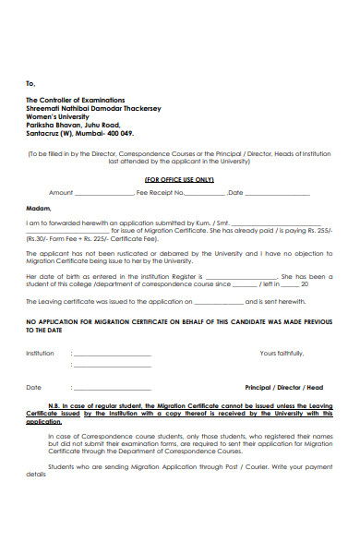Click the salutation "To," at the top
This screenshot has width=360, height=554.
[30, 83]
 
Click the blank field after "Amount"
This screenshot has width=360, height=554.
[102, 193]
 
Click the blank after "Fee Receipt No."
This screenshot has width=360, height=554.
[205, 193]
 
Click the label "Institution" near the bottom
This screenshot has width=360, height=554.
[40, 354]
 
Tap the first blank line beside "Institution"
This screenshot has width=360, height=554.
[120, 355]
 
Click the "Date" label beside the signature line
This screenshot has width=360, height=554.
[33, 388]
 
